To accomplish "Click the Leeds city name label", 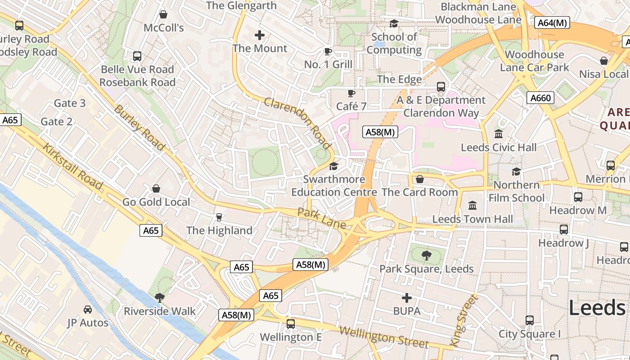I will click(597, 308).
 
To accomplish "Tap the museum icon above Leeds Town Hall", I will click(472, 205).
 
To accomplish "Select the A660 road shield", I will click(540, 98).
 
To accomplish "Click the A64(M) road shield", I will click(552, 22).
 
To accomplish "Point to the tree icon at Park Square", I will click(426, 256).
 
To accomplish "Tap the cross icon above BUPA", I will click(407, 297).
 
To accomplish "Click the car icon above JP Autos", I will click(88, 309).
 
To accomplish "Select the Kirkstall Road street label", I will click(73, 166).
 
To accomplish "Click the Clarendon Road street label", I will click(297, 123).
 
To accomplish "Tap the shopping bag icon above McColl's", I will click(163, 14).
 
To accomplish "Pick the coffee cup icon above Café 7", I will click(351, 93).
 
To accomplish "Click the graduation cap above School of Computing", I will click(394, 23).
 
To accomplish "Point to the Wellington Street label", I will click(383, 337).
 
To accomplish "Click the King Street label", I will click(463, 320).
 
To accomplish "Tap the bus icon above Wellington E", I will click(291, 324).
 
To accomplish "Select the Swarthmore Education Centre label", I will click(334, 185).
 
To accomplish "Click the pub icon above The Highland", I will click(219, 217).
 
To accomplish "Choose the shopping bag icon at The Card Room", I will click(419, 179).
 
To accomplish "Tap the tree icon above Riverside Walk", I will click(159, 297).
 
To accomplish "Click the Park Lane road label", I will click(322, 218).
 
